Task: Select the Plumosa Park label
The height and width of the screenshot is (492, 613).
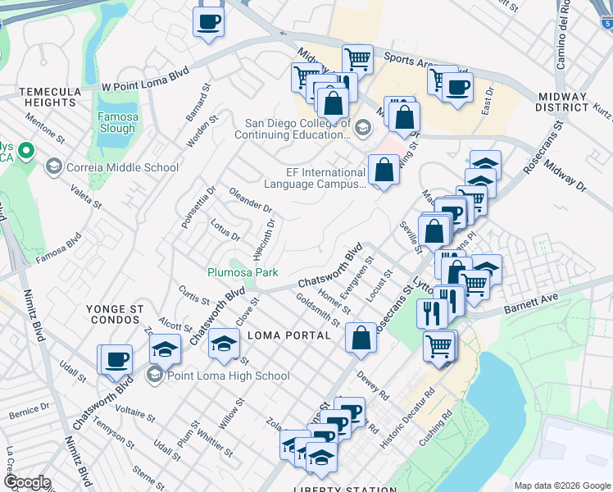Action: (x=242, y=272)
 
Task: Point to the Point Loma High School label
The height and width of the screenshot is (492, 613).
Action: (x=228, y=376)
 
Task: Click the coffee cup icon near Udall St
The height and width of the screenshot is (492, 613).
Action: (x=116, y=358)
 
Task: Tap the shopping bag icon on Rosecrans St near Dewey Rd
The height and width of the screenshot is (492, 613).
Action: (x=361, y=336)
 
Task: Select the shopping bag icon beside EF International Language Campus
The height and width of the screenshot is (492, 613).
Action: (x=384, y=170)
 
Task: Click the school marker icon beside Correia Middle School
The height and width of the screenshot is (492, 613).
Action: (x=54, y=167)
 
